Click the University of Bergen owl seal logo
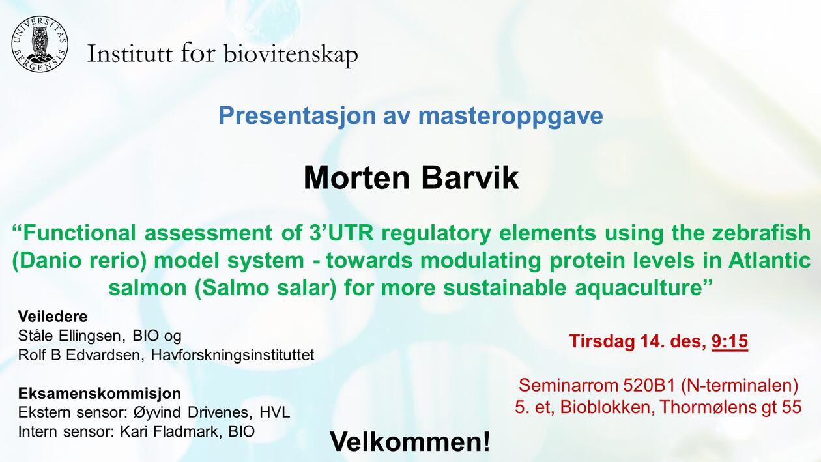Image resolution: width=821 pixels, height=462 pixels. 40,44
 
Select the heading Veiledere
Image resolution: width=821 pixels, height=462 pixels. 53,317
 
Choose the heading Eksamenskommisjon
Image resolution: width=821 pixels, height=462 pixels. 100,394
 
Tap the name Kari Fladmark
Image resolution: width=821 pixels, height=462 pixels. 171,431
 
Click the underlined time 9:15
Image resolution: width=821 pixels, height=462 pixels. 730,341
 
